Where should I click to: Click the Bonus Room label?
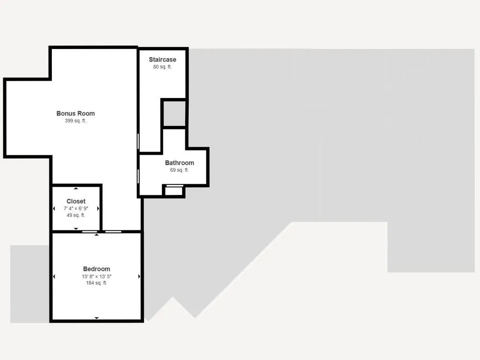point(76,113)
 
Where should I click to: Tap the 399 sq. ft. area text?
point(76,120)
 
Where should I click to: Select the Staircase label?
point(163,60)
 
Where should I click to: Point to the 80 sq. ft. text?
point(163,67)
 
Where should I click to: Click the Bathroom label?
point(180,163)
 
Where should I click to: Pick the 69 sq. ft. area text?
point(180,170)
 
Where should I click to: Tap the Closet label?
point(76,201)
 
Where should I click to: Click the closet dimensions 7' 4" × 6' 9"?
point(76,208)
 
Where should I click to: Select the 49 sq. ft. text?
point(76,215)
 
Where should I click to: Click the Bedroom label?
point(96,269)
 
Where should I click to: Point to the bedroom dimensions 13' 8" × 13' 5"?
point(96,276)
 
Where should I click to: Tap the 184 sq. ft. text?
point(96,283)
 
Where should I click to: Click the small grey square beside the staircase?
point(174,113)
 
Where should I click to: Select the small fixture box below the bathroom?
point(174,191)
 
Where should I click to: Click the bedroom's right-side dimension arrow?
point(139,276)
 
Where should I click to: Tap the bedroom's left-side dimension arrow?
point(54,276)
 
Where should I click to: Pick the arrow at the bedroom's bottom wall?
point(97,318)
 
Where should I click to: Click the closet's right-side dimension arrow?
point(98,208)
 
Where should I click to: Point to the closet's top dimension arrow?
point(76,189)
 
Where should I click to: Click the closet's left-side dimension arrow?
point(54,208)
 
